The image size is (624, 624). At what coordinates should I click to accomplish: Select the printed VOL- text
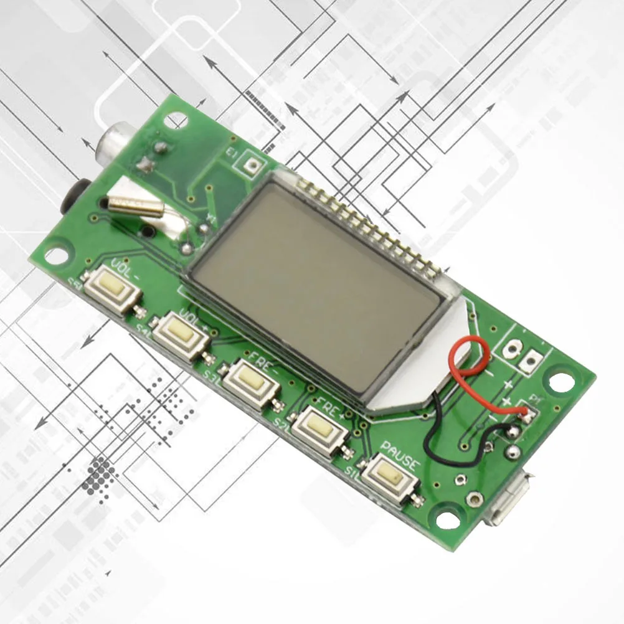coord(124,270)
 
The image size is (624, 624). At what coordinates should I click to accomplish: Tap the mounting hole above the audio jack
coord(176,120)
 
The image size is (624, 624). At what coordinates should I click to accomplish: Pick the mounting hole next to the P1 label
coord(561,382)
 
